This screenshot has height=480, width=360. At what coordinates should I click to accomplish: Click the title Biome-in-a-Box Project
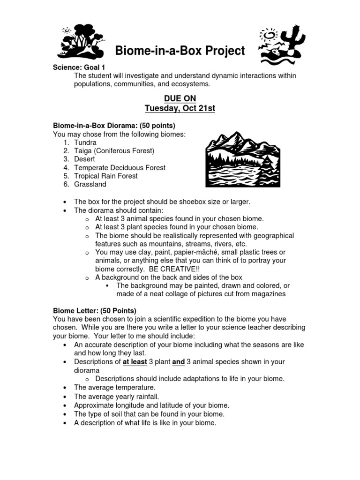(180, 51)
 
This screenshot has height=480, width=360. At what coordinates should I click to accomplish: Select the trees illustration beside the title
(81, 41)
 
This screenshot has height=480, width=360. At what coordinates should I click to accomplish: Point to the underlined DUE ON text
(180, 98)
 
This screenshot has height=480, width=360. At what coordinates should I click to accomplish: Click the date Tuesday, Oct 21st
(180, 108)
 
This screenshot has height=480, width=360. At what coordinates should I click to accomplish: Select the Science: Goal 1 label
(79, 67)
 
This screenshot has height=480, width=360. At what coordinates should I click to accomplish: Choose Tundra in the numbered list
(85, 142)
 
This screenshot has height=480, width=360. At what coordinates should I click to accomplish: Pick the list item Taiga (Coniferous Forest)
(114, 150)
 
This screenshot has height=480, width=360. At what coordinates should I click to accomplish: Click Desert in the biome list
(84, 159)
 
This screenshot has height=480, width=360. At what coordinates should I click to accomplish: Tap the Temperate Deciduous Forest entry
(120, 167)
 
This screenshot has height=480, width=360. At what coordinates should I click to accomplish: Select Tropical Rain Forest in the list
(106, 176)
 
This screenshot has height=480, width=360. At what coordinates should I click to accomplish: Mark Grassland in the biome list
(90, 184)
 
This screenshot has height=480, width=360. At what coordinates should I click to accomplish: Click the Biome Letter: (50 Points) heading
(95, 310)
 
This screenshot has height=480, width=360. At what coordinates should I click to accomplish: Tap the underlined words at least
(135, 362)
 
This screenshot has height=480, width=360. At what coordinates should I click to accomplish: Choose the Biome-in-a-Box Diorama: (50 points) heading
(114, 126)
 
